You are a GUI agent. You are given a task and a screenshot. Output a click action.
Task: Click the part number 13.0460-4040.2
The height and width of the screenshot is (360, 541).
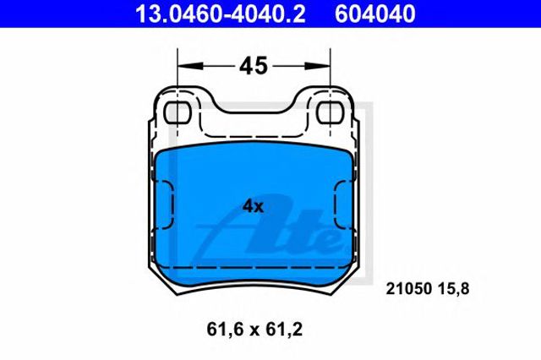tap(220, 14)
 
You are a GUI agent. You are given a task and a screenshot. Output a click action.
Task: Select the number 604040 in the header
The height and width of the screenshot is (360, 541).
tap(375, 14)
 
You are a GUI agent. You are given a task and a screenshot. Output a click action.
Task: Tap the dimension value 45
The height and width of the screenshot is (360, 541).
tap(254, 66)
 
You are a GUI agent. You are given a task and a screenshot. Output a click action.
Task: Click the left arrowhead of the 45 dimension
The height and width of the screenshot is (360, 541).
tap(190, 66)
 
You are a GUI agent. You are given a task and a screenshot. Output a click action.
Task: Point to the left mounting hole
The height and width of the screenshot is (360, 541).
tap(178, 112)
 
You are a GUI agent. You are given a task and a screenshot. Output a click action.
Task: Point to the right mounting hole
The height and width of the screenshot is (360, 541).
tap(331, 112)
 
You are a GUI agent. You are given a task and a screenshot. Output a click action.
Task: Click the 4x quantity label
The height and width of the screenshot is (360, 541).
tap(253, 206)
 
